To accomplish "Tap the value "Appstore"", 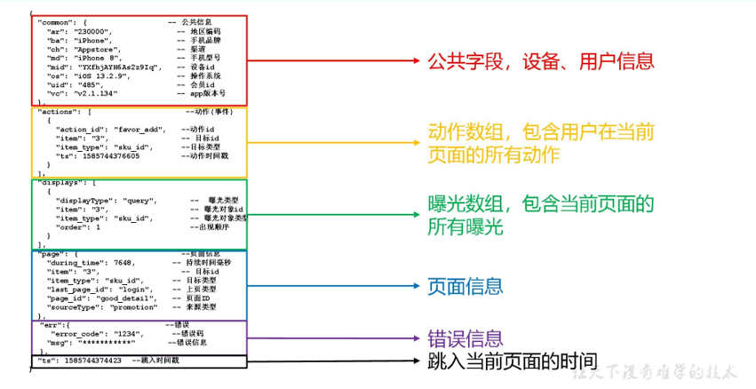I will (92, 49).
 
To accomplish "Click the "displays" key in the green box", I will (60, 183).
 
